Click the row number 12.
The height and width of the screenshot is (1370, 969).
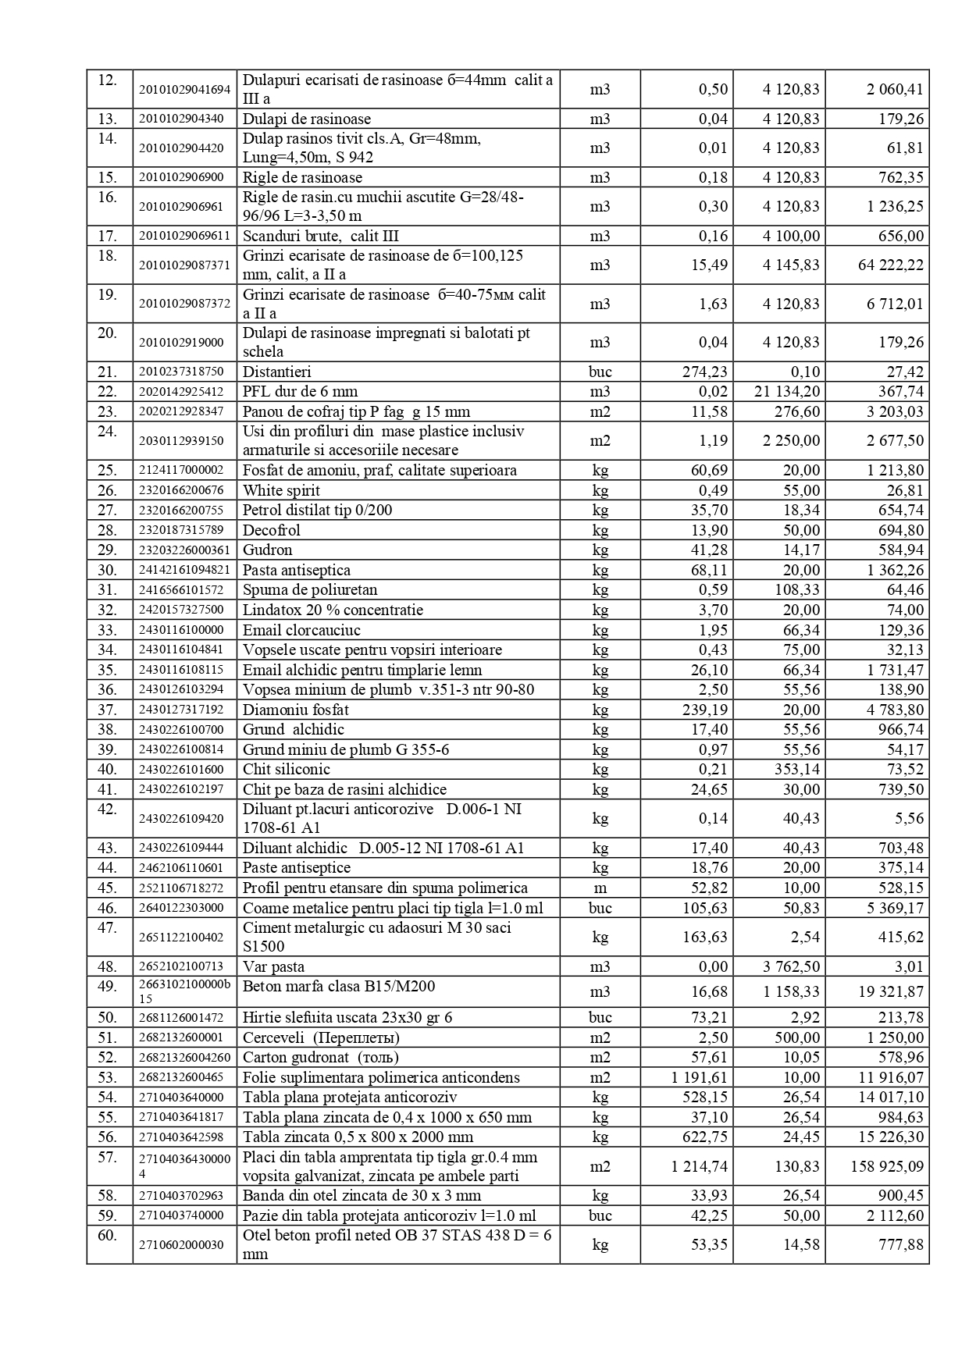pyautogui.click(x=107, y=80)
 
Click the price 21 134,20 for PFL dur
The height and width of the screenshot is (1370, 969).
pyautogui.click(x=787, y=392)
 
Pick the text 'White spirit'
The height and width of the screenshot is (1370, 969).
pyautogui.click(x=281, y=490)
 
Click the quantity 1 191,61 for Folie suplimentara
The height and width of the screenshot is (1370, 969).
pyautogui.click(x=699, y=1078)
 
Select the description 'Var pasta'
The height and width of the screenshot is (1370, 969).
pyautogui.click(x=273, y=967)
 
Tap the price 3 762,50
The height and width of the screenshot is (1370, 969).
pyautogui.click(x=791, y=967)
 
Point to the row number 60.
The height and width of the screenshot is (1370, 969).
pyautogui.click(x=107, y=1236)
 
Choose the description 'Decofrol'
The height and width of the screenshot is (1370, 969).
pyautogui.click(x=271, y=531)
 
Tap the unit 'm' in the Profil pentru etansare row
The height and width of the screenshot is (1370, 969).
pyautogui.click(x=600, y=888)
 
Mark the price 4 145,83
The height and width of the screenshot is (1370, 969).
pyautogui.click(x=791, y=265)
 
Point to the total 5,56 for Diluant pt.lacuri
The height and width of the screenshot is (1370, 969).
pyautogui.click(x=910, y=819)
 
